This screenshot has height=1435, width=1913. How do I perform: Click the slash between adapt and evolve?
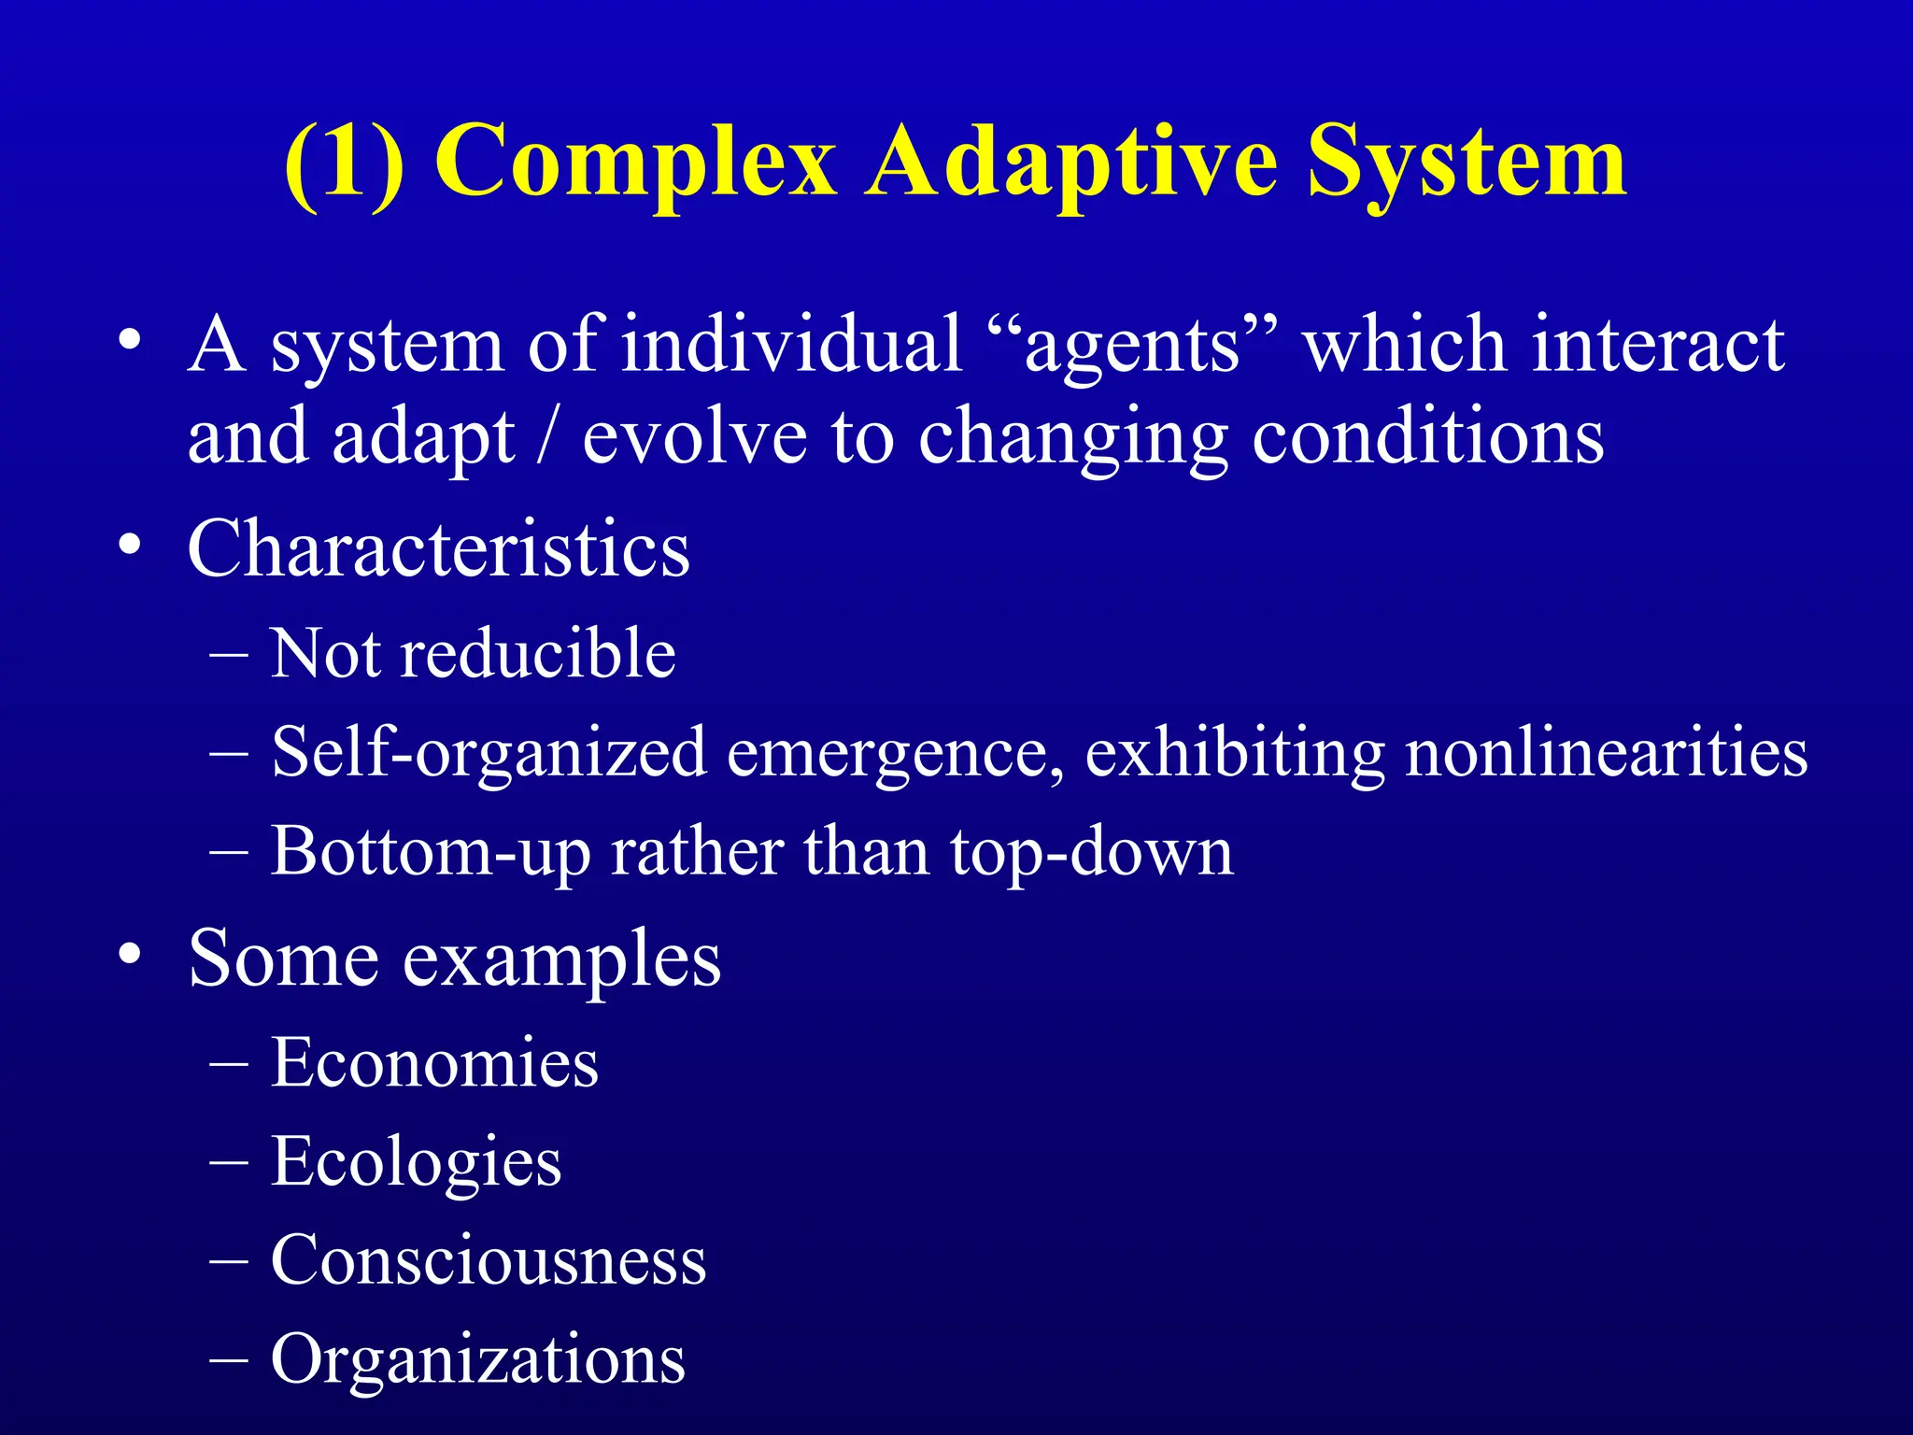[x=547, y=437]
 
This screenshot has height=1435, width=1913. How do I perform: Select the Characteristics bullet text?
[x=438, y=549]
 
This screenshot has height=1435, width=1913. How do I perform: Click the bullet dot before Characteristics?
[x=131, y=545]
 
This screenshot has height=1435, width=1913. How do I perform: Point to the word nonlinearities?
[x=1606, y=753]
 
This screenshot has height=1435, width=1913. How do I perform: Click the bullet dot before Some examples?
[x=131, y=955]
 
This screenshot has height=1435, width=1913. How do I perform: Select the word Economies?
[x=434, y=1063]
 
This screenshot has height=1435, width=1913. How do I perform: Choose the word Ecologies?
[x=416, y=1163]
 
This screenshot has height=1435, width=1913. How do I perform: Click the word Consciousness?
[x=488, y=1261]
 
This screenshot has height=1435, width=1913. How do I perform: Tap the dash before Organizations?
[x=230, y=1360]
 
